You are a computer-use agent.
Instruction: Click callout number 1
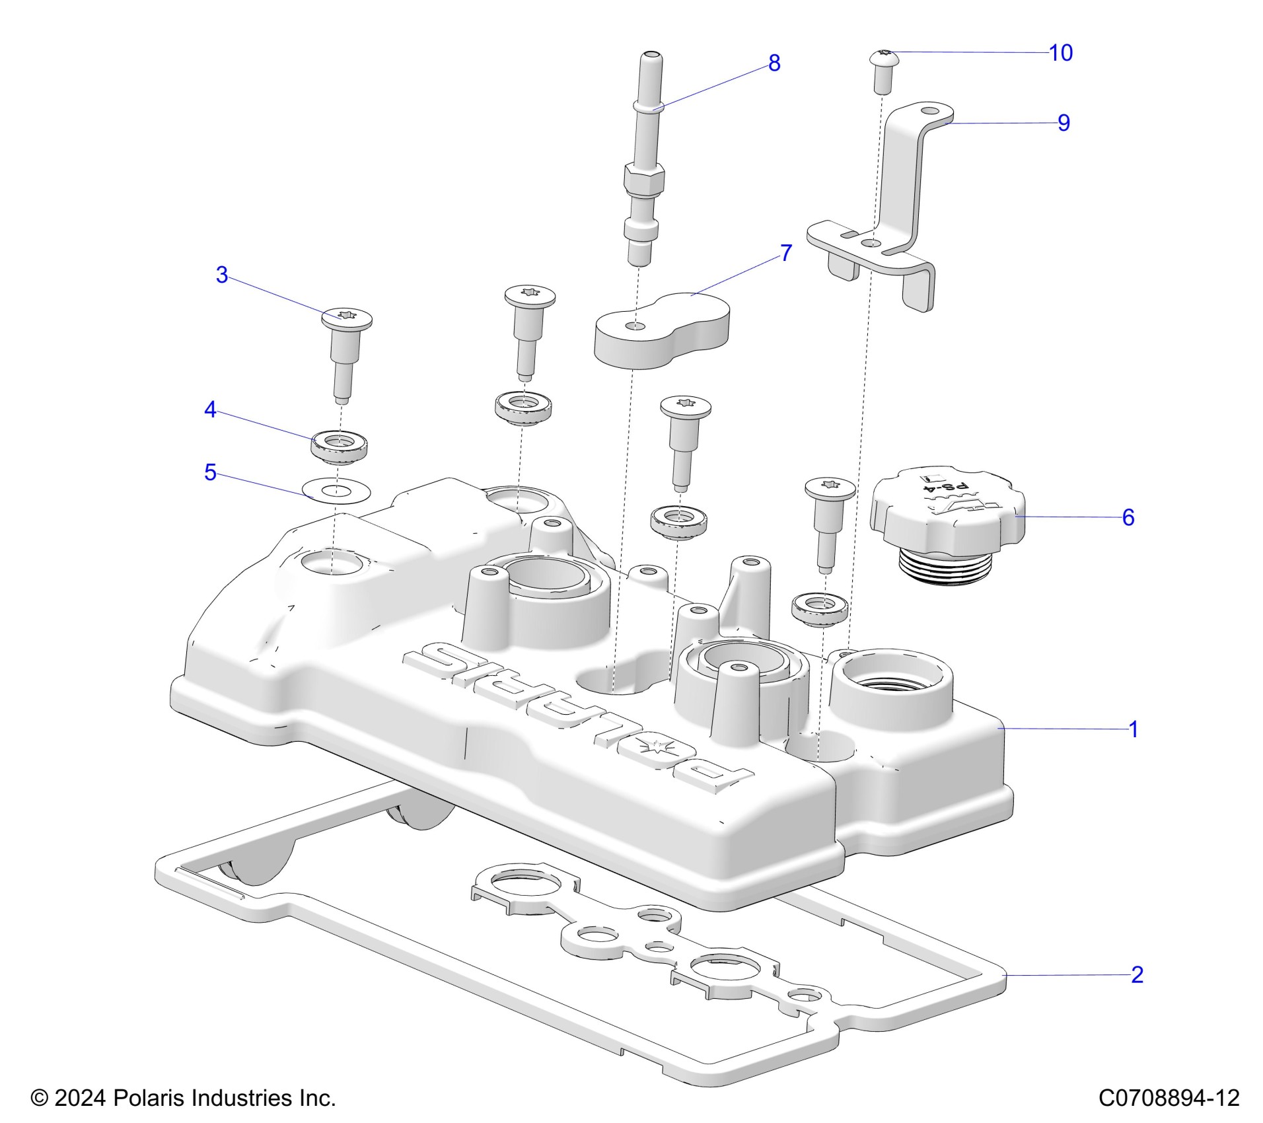point(1133,729)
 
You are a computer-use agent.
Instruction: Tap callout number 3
point(222,275)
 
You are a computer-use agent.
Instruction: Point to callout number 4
point(210,410)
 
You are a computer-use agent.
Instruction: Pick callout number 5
point(210,472)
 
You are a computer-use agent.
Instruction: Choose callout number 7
point(785,253)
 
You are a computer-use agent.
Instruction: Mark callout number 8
point(774,63)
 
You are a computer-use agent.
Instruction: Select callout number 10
point(1061,53)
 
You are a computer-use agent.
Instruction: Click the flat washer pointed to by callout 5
point(336,491)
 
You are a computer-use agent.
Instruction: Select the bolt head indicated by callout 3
point(347,318)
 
